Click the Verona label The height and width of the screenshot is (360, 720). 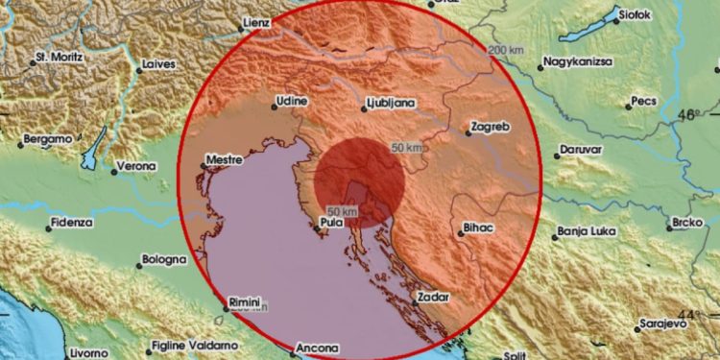[x=134, y=167]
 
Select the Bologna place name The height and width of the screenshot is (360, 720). [x=163, y=260]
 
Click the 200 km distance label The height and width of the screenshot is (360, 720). [x=506, y=49]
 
